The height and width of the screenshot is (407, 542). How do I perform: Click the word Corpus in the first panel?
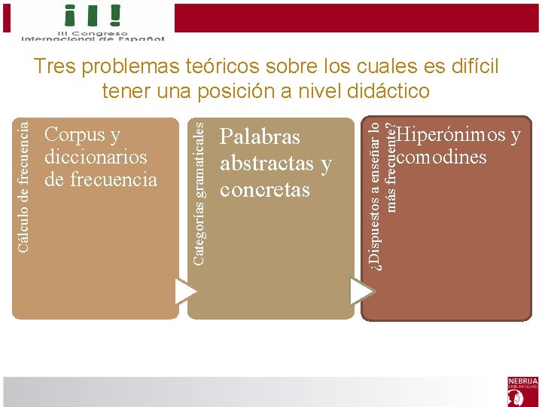click(x=74, y=135)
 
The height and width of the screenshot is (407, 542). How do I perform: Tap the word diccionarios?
click(x=96, y=158)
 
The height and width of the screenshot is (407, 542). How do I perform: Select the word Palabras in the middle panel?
click(x=260, y=137)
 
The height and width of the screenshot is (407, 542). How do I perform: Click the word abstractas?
click(x=266, y=164)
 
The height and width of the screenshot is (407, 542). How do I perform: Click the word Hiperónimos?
click(x=452, y=136)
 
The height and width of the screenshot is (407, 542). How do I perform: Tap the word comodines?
click(x=442, y=158)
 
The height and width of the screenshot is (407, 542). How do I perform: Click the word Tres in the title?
click(x=55, y=67)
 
